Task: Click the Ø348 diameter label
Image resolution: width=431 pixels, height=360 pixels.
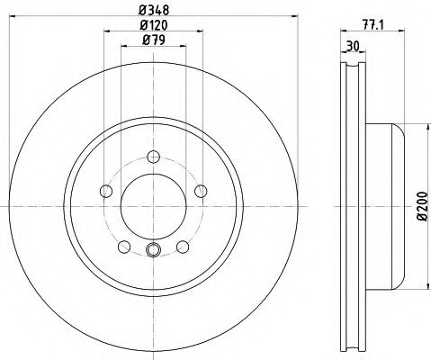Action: (152, 11)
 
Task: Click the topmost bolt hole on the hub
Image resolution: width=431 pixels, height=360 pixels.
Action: (153, 156)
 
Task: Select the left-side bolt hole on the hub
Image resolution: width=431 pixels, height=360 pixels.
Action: (106, 190)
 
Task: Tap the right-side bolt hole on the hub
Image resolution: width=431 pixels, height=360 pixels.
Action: (200, 190)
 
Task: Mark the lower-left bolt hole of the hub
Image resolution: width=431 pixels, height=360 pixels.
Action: (124, 246)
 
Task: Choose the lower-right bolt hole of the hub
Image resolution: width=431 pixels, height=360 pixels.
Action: (183, 246)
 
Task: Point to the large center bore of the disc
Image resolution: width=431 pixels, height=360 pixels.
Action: (153, 205)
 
